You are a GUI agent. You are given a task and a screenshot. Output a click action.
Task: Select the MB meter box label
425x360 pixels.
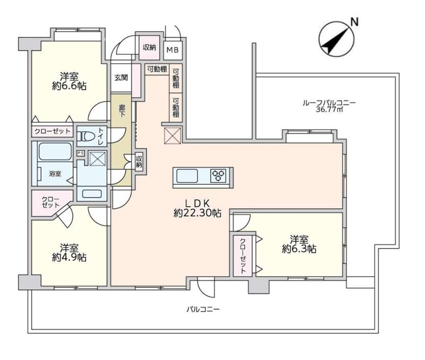[173, 50]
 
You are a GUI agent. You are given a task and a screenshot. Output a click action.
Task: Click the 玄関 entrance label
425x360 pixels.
[121, 78]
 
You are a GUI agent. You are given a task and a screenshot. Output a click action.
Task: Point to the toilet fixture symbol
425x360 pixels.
[86, 135]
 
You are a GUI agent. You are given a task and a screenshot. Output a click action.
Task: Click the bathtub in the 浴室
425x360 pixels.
[55, 151]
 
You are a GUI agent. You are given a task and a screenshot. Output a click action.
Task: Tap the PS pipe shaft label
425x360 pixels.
[80, 153]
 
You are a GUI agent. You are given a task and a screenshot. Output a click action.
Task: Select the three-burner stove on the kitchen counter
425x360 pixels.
[218, 175]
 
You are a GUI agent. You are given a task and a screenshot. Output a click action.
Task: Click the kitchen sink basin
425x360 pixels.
[187, 176]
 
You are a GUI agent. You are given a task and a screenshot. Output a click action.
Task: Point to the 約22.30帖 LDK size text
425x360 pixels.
[197, 213]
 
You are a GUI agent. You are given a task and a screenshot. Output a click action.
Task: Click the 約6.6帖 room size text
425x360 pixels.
[69, 86]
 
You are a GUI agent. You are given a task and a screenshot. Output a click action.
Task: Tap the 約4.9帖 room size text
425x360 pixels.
[69, 257]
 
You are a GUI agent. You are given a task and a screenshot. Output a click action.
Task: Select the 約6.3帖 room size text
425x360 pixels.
[299, 248]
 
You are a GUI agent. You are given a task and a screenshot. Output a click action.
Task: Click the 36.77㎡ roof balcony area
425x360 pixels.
[329, 109]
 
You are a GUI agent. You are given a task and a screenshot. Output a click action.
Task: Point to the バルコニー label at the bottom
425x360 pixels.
[203, 309]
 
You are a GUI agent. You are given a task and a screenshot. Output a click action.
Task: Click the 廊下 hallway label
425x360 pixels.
[122, 111]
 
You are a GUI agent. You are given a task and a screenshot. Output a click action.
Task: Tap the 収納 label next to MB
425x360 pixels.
[150, 47]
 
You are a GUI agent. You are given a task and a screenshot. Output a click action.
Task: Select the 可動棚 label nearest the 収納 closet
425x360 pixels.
[157, 69]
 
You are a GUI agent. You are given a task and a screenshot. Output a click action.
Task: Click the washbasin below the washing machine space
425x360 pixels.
[92, 193]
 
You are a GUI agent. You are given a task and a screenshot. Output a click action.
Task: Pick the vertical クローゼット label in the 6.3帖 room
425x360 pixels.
[243, 256]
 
